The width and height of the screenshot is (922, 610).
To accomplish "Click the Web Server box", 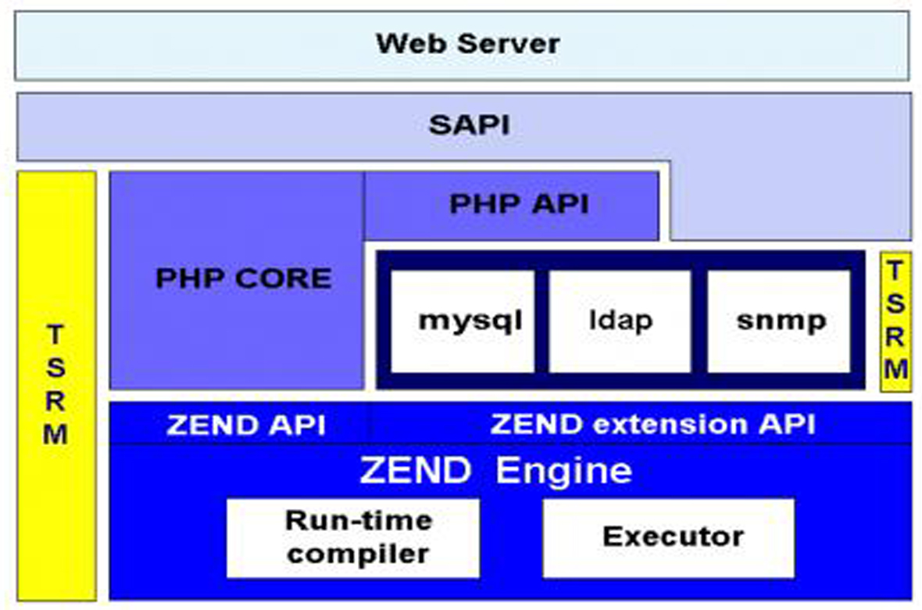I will (x=467, y=45).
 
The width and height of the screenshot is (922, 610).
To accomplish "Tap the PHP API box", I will (x=519, y=205).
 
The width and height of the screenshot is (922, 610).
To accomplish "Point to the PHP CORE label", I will (x=244, y=278).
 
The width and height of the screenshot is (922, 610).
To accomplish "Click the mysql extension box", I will (x=463, y=321).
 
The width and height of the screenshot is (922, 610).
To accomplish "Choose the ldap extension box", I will (x=620, y=321).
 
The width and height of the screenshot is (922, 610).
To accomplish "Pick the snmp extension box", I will (x=779, y=321).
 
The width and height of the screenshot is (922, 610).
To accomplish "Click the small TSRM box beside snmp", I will (x=896, y=321).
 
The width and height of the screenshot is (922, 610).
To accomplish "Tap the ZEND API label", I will (x=245, y=425).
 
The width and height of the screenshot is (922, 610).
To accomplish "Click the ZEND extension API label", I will (x=652, y=424).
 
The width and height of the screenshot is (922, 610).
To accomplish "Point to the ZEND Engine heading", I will (x=495, y=471).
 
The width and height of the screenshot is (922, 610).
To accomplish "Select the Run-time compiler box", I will (x=353, y=538).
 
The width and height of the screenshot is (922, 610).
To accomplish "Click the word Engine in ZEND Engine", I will (x=563, y=471).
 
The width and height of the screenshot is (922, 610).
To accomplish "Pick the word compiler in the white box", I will (x=358, y=554).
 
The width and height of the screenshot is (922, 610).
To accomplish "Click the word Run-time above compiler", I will (x=358, y=521).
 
